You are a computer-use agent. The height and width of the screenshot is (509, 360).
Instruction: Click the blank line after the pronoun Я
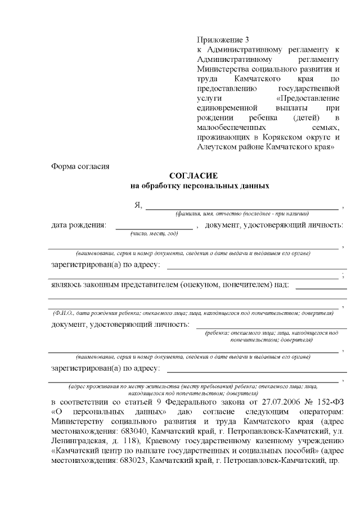(242, 206)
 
